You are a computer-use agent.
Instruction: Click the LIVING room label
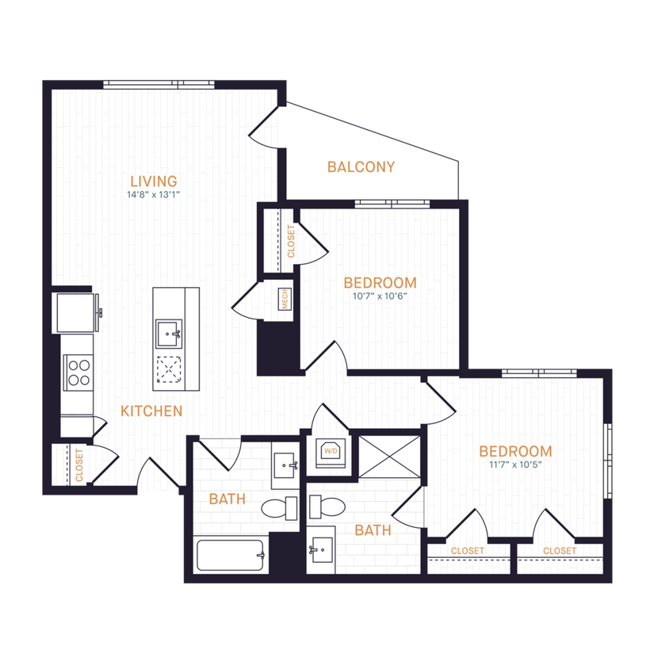pyautogui.click(x=154, y=182)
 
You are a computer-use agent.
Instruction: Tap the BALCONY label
pyautogui.click(x=361, y=166)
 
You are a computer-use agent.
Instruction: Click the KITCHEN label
pyautogui.click(x=151, y=411)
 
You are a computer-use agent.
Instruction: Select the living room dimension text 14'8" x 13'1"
pyautogui.click(x=154, y=195)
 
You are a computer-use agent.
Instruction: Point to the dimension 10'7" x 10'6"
pyautogui.click(x=380, y=296)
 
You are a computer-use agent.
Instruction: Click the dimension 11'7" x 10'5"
pyautogui.click(x=515, y=464)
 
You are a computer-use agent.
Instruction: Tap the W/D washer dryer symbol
pyautogui.click(x=328, y=452)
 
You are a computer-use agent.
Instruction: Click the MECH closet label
pyautogui.click(x=284, y=300)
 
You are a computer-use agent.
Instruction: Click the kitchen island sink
pyautogui.click(x=169, y=332)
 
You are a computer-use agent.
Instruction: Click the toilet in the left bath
pyautogui.click(x=280, y=508)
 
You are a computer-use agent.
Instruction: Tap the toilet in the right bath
pyautogui.click(x=325, y=506)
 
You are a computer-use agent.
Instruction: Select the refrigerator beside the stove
pyautogui.click(x=76, y=312)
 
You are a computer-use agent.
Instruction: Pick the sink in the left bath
pyautogui.click(x=284, y=466)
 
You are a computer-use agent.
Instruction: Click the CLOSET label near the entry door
pyautogui.click(x=79, y=465)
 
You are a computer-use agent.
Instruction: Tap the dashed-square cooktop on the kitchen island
pyautogui.click(x=169, y=369)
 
